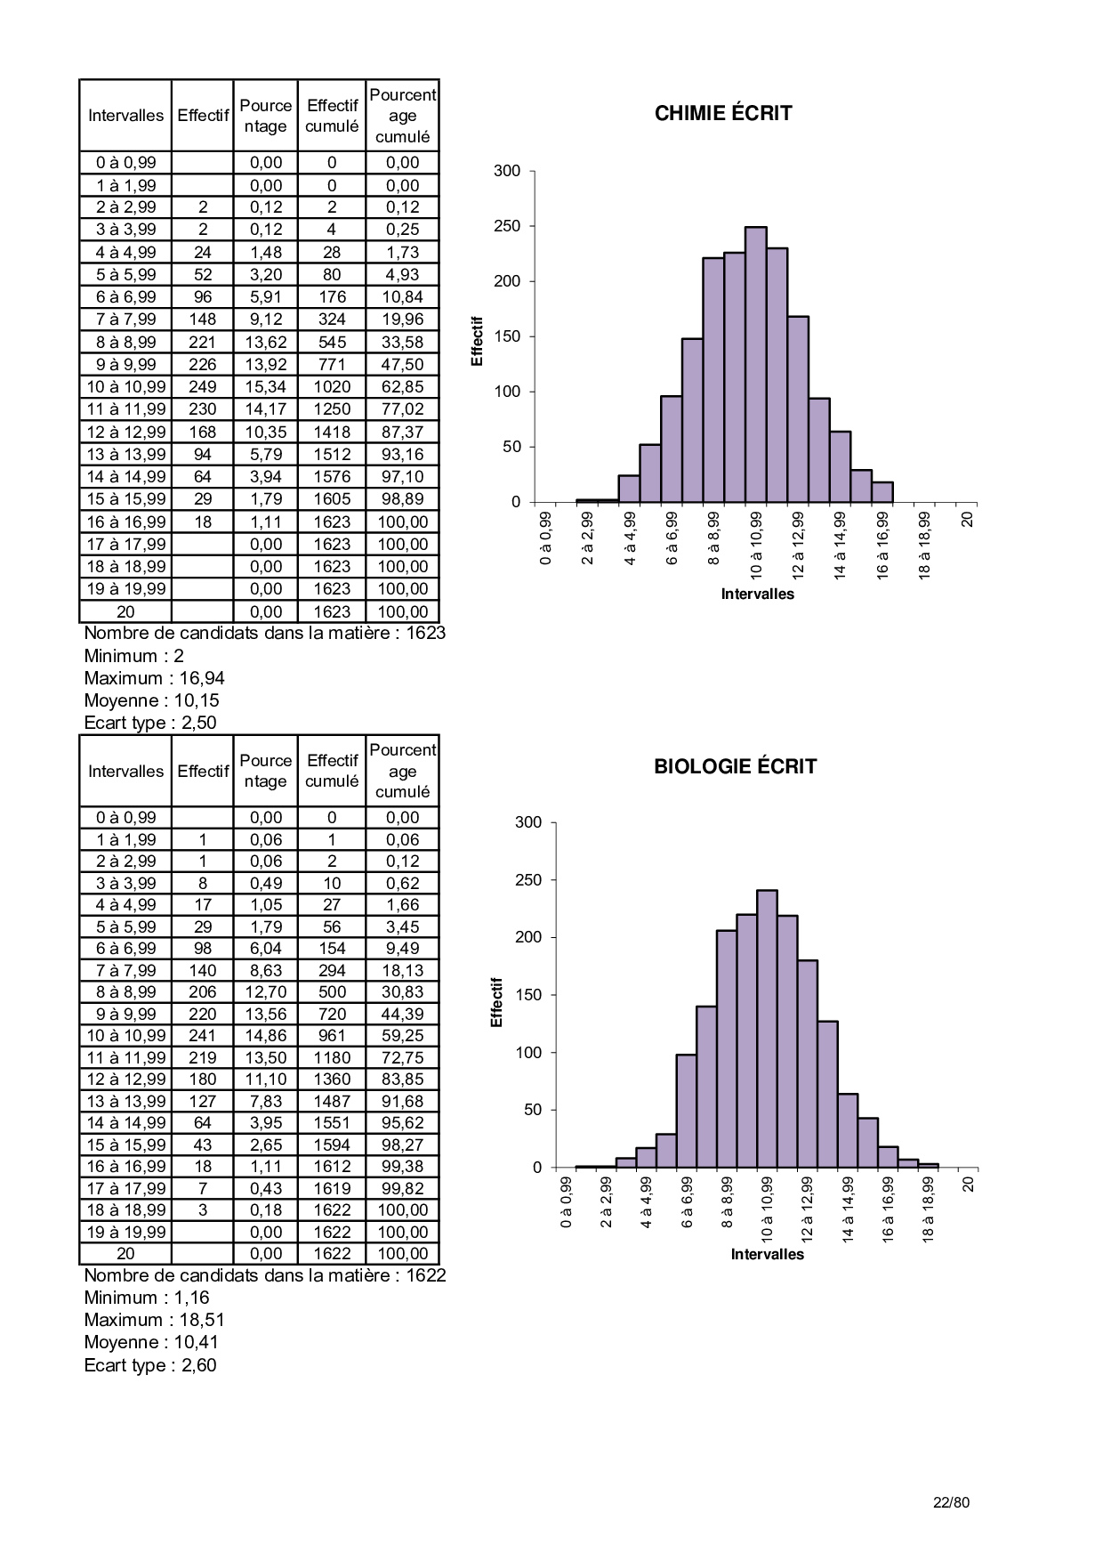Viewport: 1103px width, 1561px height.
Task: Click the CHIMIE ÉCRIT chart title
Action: coord(722,114)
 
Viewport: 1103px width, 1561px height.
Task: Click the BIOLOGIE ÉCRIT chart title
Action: coord(735,767)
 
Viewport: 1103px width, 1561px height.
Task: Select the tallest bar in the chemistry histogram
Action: coord(755,365)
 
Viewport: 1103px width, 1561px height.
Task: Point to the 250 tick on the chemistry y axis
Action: coord(507,226)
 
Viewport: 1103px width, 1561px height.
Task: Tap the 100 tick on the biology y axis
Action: coord(528,1053)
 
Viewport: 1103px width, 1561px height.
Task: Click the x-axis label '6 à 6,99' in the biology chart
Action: coord(687,1202)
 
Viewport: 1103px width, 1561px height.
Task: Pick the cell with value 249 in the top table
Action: coord(203,387)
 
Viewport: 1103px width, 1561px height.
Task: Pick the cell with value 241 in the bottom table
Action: coord(203,1036)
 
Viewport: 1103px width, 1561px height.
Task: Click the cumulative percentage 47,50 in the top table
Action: coord(402,365)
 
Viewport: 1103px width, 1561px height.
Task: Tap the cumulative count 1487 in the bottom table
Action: coord(332,1102)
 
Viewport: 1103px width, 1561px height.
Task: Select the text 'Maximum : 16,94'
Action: coord(155,678)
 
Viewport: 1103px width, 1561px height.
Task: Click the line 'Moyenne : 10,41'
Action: coord(151,1342)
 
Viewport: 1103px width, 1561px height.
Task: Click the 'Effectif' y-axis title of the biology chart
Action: coord(497,1002)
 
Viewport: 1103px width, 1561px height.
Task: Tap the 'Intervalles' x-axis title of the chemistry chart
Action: coord(757,594)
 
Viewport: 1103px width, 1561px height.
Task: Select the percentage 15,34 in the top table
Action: coord(266,387)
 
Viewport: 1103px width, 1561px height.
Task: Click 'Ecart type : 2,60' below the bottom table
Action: coord(150,1365)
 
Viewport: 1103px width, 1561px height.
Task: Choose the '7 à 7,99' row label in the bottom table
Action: coord(125,971)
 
